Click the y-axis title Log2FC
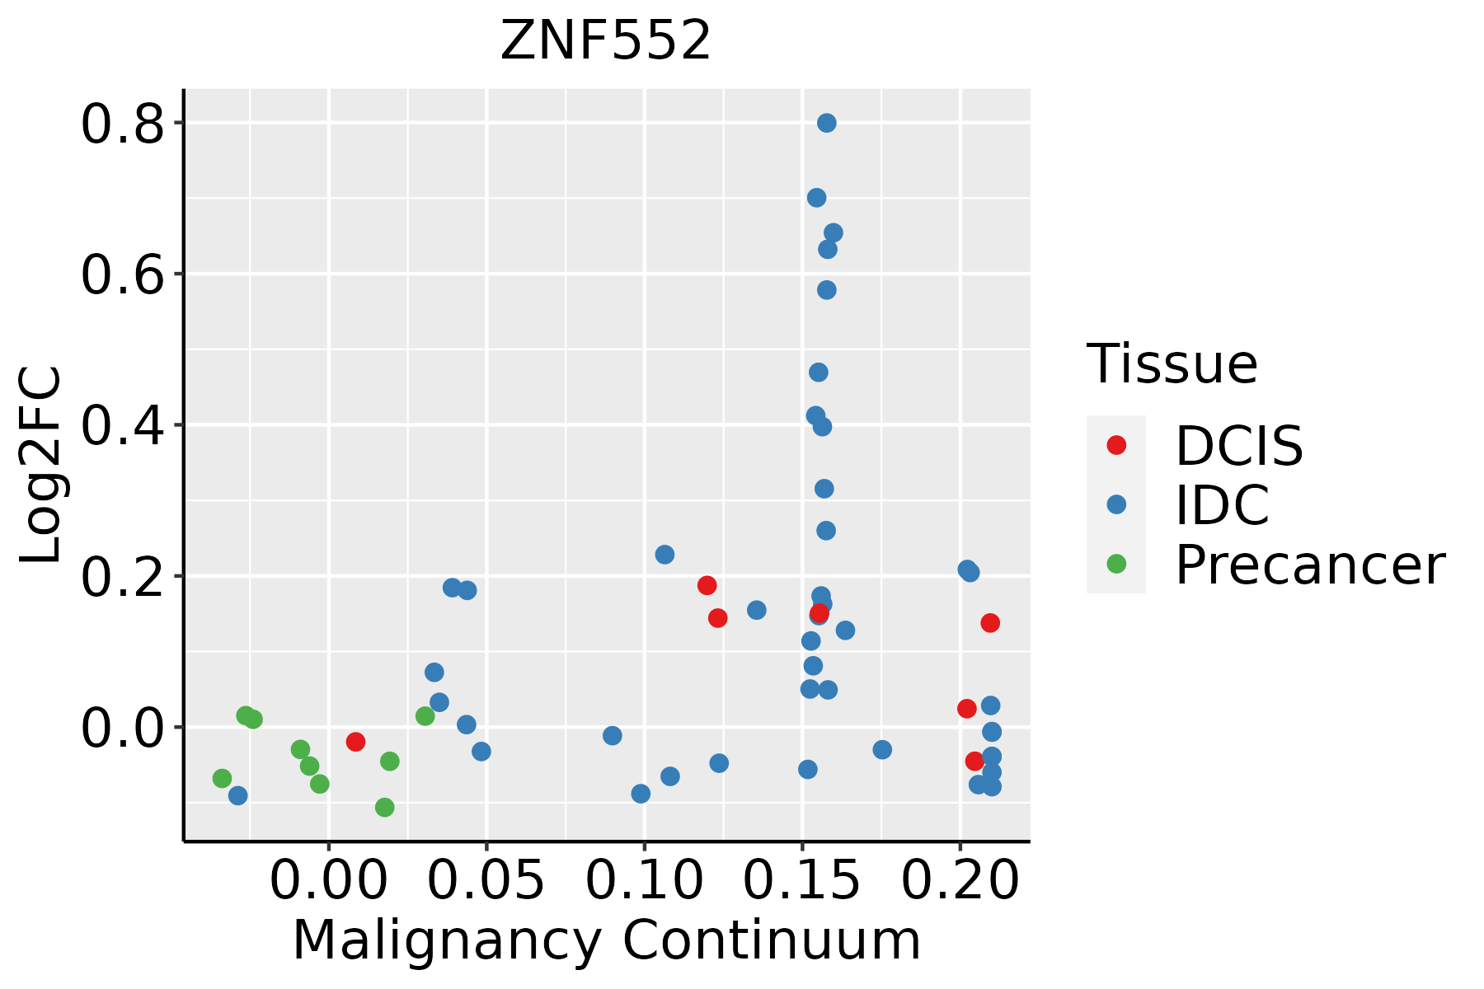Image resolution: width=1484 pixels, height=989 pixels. click(41, 465)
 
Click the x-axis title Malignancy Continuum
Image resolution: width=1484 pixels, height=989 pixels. click(606, 940)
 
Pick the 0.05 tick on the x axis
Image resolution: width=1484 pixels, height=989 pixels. click(486, 881)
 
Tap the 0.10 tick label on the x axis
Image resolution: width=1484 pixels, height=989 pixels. click(644, 881)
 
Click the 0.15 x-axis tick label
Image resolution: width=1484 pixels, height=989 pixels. click(801, 881)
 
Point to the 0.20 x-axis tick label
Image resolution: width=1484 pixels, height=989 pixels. click(960, 881)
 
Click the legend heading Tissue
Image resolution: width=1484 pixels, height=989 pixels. click(1172, 363)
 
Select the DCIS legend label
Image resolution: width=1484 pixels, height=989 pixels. click(1238, 446)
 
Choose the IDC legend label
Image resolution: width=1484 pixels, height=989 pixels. click(1222, 504)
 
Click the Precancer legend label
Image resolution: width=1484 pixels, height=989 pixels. click(1309, 565)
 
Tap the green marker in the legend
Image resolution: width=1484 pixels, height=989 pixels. click(1116, 564)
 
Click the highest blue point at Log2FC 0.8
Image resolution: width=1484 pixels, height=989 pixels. click(827, 123)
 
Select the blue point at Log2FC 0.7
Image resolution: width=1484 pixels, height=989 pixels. click(817, 198)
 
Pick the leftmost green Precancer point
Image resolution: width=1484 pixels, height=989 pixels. click(222, 778)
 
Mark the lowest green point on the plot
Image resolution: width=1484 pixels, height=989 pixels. click(385, 807)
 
